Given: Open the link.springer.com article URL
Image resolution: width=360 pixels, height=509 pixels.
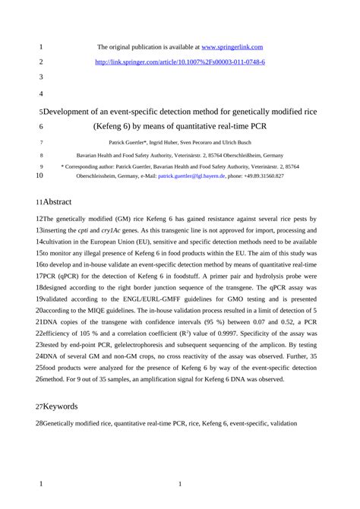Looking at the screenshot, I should pos(180,62).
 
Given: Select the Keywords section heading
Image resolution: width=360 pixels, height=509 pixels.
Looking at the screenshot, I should pos(59,406).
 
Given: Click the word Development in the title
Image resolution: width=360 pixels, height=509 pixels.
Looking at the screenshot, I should pos(73,112).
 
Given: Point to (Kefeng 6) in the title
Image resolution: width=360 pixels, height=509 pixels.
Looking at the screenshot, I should pos(115,126).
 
